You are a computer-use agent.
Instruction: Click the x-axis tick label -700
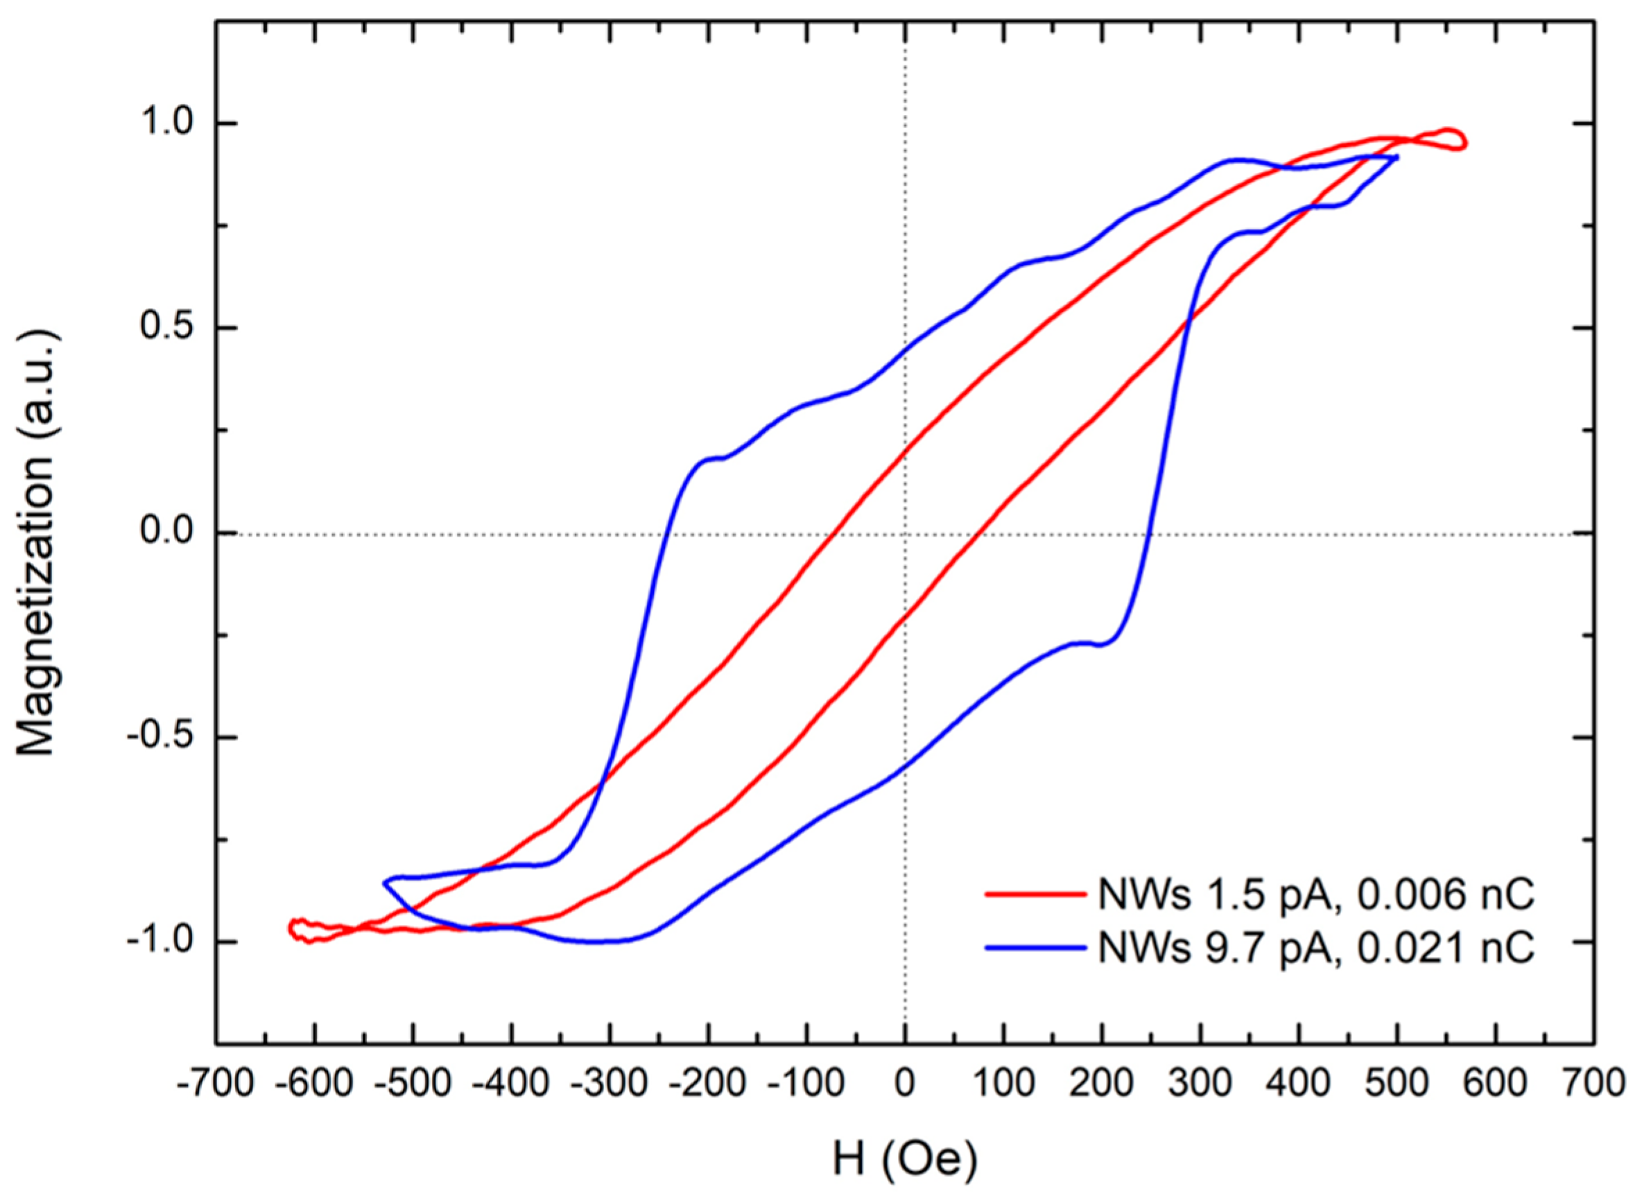(216, 1084)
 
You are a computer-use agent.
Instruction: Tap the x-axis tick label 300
(1201, 1084)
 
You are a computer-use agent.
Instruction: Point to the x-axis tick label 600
(1496, 1084)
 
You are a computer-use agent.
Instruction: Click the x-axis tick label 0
(904, 1084)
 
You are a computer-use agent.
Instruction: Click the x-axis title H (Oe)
(904, 1160)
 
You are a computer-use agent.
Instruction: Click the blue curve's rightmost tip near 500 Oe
(1396, 157)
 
